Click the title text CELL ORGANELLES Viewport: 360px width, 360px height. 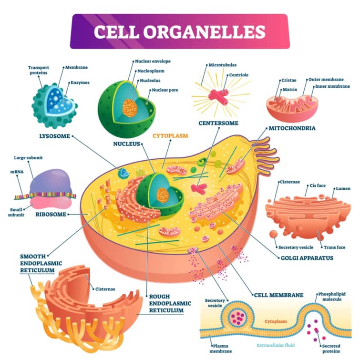179,31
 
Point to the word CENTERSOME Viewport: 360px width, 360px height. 218,123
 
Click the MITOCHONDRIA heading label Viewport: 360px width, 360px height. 292,128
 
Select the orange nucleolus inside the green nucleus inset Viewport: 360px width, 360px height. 129,107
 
